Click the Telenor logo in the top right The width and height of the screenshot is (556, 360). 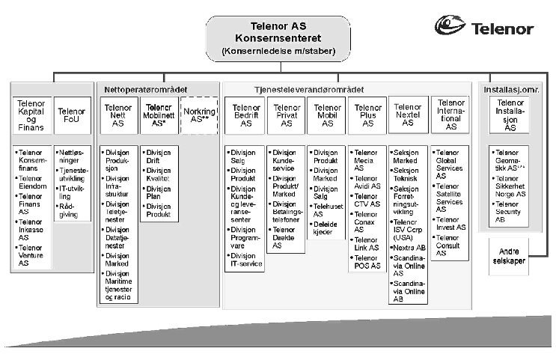coord(484,28)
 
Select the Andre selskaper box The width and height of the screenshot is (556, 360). coord(510,251)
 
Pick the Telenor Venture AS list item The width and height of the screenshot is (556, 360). coord(32,255)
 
